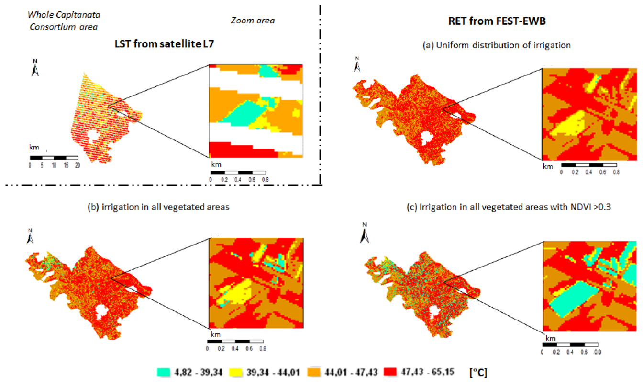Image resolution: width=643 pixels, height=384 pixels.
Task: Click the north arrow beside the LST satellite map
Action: [x=34, y=68]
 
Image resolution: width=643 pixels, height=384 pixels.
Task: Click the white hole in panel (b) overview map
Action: [x=101, y=312]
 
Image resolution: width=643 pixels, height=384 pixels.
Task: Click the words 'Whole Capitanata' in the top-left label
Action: [x=64, y=15]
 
